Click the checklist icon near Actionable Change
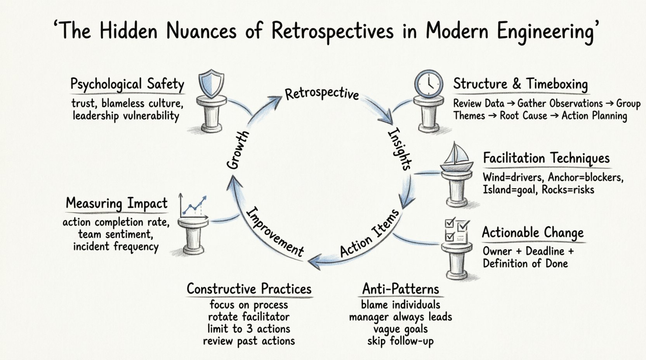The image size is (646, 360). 457,230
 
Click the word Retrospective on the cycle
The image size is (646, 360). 321,94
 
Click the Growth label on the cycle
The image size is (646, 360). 238,150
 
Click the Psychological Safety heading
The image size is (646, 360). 127,84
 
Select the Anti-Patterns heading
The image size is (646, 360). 400,289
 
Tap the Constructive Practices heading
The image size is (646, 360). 249,289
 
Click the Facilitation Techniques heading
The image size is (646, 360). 546,158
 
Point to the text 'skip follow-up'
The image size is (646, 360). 400,341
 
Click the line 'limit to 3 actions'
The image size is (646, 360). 248,329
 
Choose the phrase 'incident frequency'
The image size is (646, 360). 116,247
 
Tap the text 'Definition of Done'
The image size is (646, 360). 525,264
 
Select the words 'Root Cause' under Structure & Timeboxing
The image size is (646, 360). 523,116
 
